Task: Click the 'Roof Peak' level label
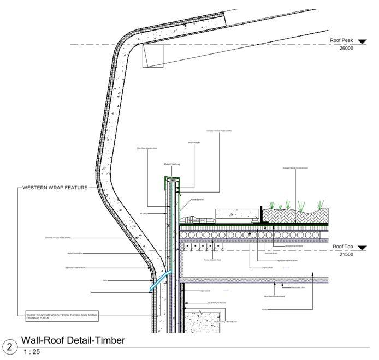[x=342, y=41]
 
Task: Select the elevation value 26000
[x=347, y=48]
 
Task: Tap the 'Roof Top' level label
[x=344, y=247]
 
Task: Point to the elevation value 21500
[x=347, y=254]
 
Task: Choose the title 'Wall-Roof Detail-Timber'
[x=73, y=340]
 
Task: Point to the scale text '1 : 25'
[x=32, y=352]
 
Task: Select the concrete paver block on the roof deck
[x=235, y=214]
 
